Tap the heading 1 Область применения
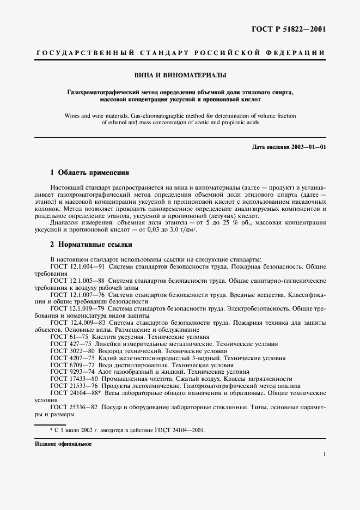click(89, 172)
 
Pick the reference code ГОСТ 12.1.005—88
click(78, 281)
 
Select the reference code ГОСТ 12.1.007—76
click(78, 295)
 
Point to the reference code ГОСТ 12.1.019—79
click(78, 308)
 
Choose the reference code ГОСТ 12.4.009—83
click(78, 323)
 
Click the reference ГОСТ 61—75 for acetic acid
click(66, 337)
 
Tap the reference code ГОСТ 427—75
click(68, 344)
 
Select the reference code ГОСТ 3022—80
click(70, 351)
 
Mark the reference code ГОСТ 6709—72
click(70, 365)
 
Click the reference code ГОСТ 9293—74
click(70, 372)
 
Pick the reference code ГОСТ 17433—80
click(72, 379)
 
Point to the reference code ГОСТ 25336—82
click(72, 407)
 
